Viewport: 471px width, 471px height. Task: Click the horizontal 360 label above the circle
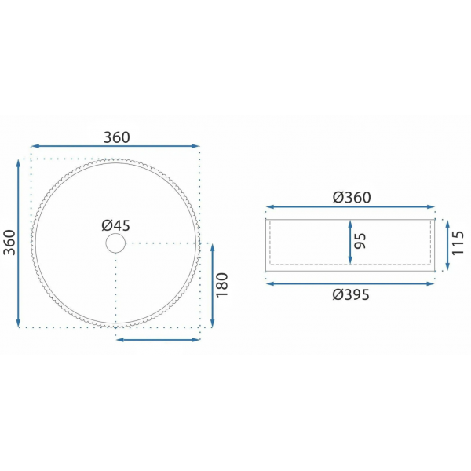(x=117, y=137)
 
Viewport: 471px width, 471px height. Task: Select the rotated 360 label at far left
(x=9, y=243)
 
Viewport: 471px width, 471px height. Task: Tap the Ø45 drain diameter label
(x=116, y=225)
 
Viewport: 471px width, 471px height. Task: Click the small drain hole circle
(x=115, y=243)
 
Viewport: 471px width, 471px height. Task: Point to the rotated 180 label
(x=222, y=285)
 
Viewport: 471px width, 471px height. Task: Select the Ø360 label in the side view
(x=352, y=197)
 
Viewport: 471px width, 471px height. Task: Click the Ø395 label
(x=351, y=294)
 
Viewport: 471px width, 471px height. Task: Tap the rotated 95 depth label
(x=360, y=241)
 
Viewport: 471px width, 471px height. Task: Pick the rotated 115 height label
(x=458, y=243)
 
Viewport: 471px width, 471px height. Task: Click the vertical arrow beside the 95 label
(x=350, y=242)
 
